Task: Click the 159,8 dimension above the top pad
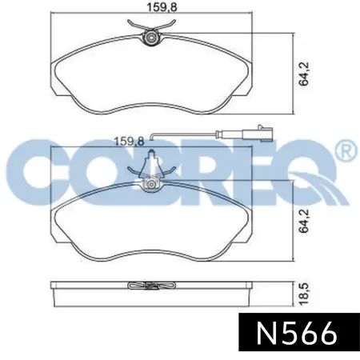click(162, 6)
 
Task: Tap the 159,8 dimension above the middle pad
click(129, 142)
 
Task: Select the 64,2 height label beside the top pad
click(303, 74)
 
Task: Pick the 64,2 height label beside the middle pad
click(303, 221)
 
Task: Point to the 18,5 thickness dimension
click(303, 294)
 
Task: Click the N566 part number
click(296, 332)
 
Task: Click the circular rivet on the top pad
click(152, 38)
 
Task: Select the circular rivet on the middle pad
click(151, 185)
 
